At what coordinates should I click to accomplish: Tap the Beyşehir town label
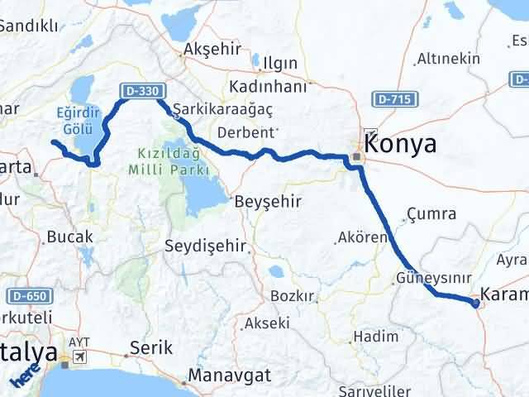click(x=268, y=202)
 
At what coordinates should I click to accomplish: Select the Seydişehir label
click(x=206, y=246)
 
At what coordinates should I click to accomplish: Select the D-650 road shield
click(x=28, y=294)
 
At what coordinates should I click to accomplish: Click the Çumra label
click(x=431, y=214)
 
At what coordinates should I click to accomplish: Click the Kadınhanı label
click(x=269, y=87)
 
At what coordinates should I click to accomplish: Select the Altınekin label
click(x=449, y=59)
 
